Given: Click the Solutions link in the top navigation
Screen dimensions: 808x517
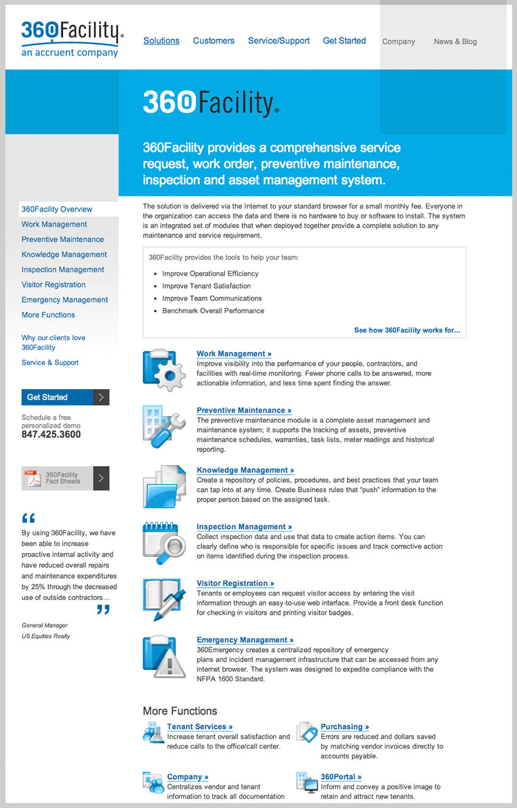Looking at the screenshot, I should [162, 41].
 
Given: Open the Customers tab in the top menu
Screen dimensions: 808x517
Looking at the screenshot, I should [214, 41].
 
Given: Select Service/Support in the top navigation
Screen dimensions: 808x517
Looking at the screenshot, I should [278, 41].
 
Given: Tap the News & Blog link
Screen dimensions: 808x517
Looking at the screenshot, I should [455, 42].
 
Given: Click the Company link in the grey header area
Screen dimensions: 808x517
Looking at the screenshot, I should [398, 42].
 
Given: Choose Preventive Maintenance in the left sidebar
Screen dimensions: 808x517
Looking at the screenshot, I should [62, 239].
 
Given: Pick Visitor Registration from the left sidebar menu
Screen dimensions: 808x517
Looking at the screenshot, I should [53, 284].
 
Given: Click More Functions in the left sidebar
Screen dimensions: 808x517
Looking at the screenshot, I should [48, 314].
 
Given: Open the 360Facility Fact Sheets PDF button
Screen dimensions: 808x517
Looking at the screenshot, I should [65, 478].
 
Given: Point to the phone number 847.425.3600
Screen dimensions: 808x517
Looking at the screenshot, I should [51, 435].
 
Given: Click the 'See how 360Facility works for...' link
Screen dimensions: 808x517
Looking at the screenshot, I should [407, 330].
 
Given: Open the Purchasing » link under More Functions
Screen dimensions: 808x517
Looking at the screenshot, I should [344, 727].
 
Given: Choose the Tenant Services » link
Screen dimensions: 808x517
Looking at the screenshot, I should [199, 727].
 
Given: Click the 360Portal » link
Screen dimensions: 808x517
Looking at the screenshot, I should [341, 777].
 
